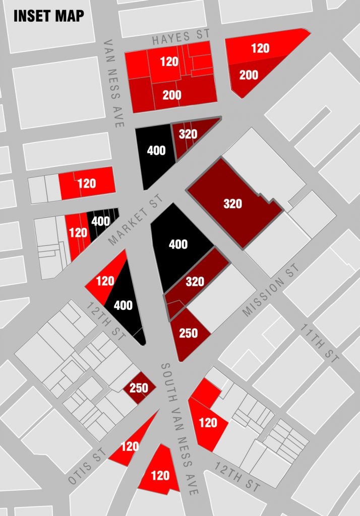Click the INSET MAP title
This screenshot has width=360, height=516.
[x=49, y=16]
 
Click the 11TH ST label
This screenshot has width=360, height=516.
[x=320, y=343]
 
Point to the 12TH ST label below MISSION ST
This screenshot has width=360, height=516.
[x=237, y=476]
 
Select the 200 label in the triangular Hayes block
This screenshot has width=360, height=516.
[x=249, y=75]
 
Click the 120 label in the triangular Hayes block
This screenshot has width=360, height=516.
[x=260, y=48]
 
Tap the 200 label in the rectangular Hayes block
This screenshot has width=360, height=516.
[x=172, y=95]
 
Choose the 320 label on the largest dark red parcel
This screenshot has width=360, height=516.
[x=232, y=204]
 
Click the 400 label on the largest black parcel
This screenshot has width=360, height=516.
[x=178, y=244]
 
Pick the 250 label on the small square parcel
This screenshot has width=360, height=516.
[x=139, y=388]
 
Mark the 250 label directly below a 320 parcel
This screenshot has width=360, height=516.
[x=188, y=333]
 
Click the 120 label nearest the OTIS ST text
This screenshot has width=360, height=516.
[x=130, y=446]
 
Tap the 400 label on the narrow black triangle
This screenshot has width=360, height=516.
[x=123, y=305]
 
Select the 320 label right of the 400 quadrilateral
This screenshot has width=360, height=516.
[x=188, y=134]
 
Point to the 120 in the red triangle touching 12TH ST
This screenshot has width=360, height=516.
[x=105, y=281]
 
